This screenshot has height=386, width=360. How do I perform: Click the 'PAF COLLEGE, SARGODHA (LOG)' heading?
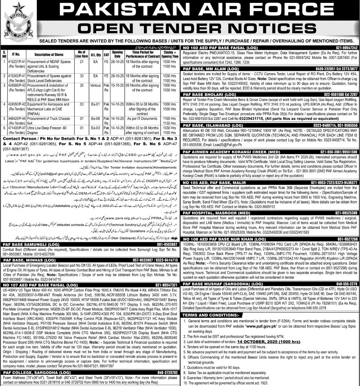pyautogui.click(x=31, y=372)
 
